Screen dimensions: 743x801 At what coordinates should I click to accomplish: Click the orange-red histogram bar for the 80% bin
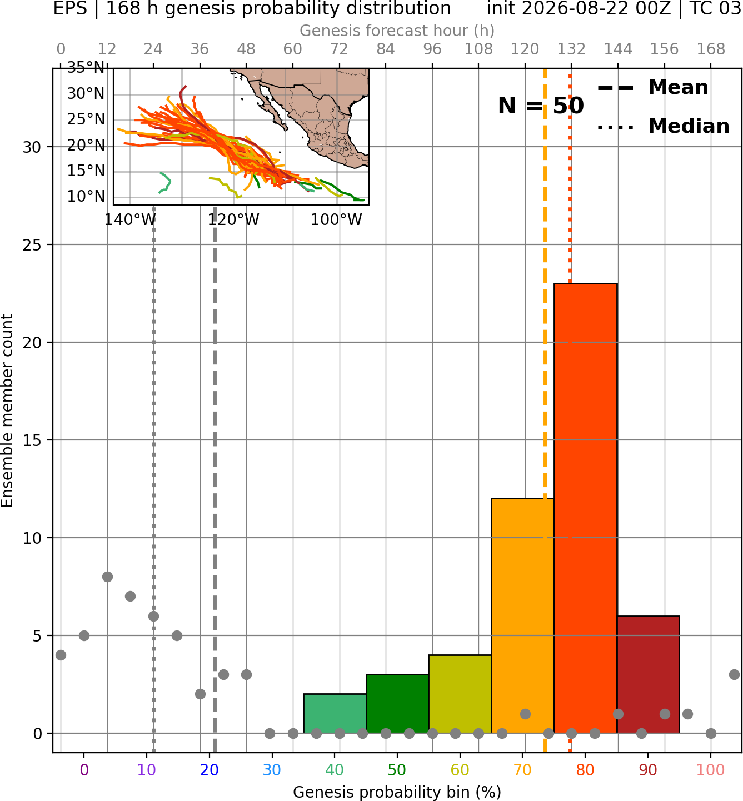click(585, 508)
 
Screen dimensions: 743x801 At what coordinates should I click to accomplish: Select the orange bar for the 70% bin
click(522, 615)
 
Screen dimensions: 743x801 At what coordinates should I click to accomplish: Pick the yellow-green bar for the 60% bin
click(460, 694)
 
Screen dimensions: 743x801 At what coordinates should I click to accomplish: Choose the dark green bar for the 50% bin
click(397, 703)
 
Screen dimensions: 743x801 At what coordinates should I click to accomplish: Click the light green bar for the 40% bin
click(335, 713)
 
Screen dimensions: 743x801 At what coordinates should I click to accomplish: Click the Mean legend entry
click(652, 88)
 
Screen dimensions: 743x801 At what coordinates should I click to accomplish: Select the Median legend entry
click(663, 126)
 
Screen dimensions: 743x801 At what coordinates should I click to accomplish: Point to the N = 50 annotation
click(541, 106)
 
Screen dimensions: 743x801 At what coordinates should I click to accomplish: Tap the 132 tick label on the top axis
click(571, 49)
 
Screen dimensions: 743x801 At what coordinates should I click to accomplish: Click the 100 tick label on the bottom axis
click(711, 770)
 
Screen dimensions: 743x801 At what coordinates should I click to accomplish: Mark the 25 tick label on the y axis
click(32, 245)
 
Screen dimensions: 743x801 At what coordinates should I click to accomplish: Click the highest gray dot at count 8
click(107, 577)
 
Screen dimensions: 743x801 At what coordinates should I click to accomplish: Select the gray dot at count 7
click(130, 596)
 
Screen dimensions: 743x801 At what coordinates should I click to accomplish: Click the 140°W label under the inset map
click(131, 220)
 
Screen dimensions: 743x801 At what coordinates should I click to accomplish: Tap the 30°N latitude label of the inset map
click(86, 93)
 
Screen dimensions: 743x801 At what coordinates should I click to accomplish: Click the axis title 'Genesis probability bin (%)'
click(397, 792)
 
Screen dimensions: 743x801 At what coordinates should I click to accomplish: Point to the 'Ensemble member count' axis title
click(7, 410)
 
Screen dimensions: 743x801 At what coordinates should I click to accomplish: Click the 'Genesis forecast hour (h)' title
click(397, 31)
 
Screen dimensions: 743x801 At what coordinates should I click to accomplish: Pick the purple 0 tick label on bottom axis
click(84, 770)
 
